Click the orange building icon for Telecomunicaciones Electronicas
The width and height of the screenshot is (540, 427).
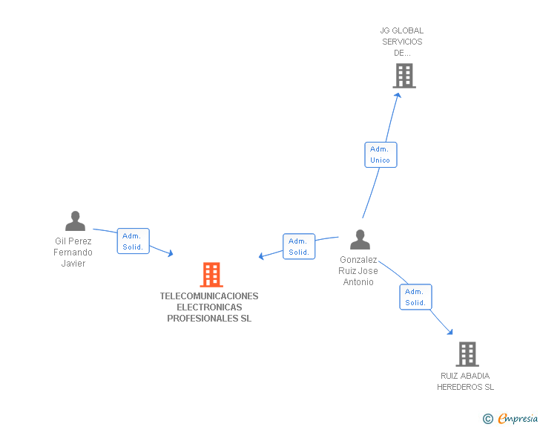coord(211,275)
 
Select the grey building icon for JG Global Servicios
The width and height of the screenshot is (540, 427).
coord(404,76)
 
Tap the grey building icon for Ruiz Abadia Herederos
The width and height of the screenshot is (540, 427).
coord(467,354)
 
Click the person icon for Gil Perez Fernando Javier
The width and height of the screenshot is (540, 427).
coord(75,221)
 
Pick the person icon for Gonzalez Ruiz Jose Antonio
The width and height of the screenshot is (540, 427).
coord(360,240)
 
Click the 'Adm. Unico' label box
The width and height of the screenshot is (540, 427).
coord(381,154)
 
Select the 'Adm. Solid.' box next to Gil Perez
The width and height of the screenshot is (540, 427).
coord(133,241)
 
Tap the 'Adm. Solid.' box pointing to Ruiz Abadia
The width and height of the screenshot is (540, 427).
coord(415,297)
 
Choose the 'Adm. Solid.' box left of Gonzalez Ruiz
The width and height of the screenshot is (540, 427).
coord(299,247)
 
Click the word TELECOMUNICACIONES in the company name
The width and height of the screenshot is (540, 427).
coord(209,296)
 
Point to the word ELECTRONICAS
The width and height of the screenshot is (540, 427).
coord(209,307)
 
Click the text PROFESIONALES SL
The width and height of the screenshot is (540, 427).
coord(209,319)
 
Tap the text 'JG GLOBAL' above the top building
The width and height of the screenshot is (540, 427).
coord(401,31)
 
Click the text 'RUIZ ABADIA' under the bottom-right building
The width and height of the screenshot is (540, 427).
coord(465,376)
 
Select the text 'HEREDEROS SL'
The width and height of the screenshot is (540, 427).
coord(465,387)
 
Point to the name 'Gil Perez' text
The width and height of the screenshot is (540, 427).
coord(73,241)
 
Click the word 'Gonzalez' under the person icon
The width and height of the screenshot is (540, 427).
coord(358,260)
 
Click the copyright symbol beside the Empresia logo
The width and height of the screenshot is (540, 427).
coord(487,419)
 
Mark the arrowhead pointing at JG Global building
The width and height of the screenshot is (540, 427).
coord(398,94)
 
